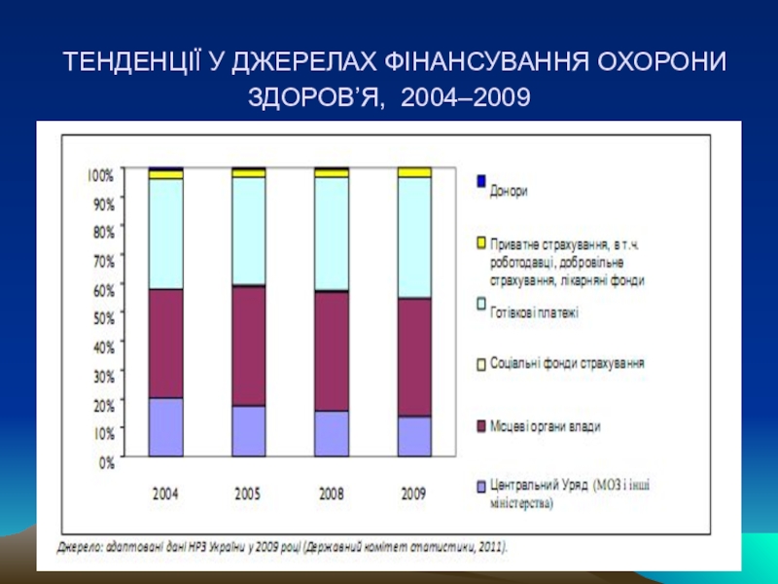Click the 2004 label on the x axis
(x=165, y=493)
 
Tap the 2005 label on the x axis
(x=248, y=493)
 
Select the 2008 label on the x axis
(x=331, y=493)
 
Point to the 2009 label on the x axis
(x=414, y=493)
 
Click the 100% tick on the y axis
(x=101, y=175)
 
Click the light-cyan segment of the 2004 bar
(x=165, y=234)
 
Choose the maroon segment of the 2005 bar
(x=248, y=346)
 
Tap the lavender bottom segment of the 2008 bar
(x=331, y=434)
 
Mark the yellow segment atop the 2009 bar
(x=414, y=172)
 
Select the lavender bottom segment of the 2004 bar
(x=165, y=427)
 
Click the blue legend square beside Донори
(x=479, y=180)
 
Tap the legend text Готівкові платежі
(x=535, y=313)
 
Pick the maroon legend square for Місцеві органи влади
(x=479, y=425)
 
